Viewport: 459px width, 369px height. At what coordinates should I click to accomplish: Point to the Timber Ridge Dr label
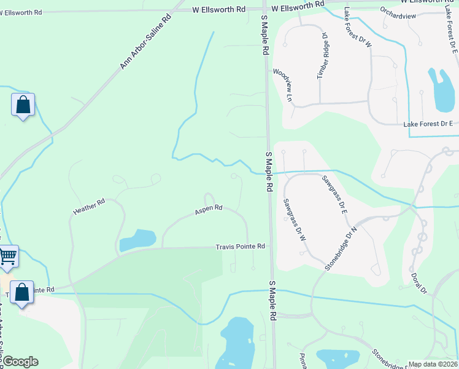coord(323,56)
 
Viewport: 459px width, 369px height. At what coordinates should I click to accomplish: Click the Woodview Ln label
coord(282,85)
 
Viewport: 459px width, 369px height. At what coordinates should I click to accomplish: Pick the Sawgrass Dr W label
coord(294,219)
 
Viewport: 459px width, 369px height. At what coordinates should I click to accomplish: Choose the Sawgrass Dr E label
coord(335,194)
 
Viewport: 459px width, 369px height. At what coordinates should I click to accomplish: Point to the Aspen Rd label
coord(208,210)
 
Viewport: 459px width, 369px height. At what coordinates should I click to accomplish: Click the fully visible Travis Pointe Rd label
coord(240,247)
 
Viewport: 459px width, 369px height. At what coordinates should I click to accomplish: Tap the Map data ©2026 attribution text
coord(433,364)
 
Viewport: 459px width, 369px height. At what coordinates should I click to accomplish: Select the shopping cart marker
coord(7,256)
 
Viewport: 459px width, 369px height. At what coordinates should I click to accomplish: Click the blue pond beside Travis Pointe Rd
coord(138,240)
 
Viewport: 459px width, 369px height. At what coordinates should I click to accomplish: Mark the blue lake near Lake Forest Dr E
coord(442,90)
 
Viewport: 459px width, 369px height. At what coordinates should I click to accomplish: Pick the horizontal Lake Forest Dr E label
coord(428,124)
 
